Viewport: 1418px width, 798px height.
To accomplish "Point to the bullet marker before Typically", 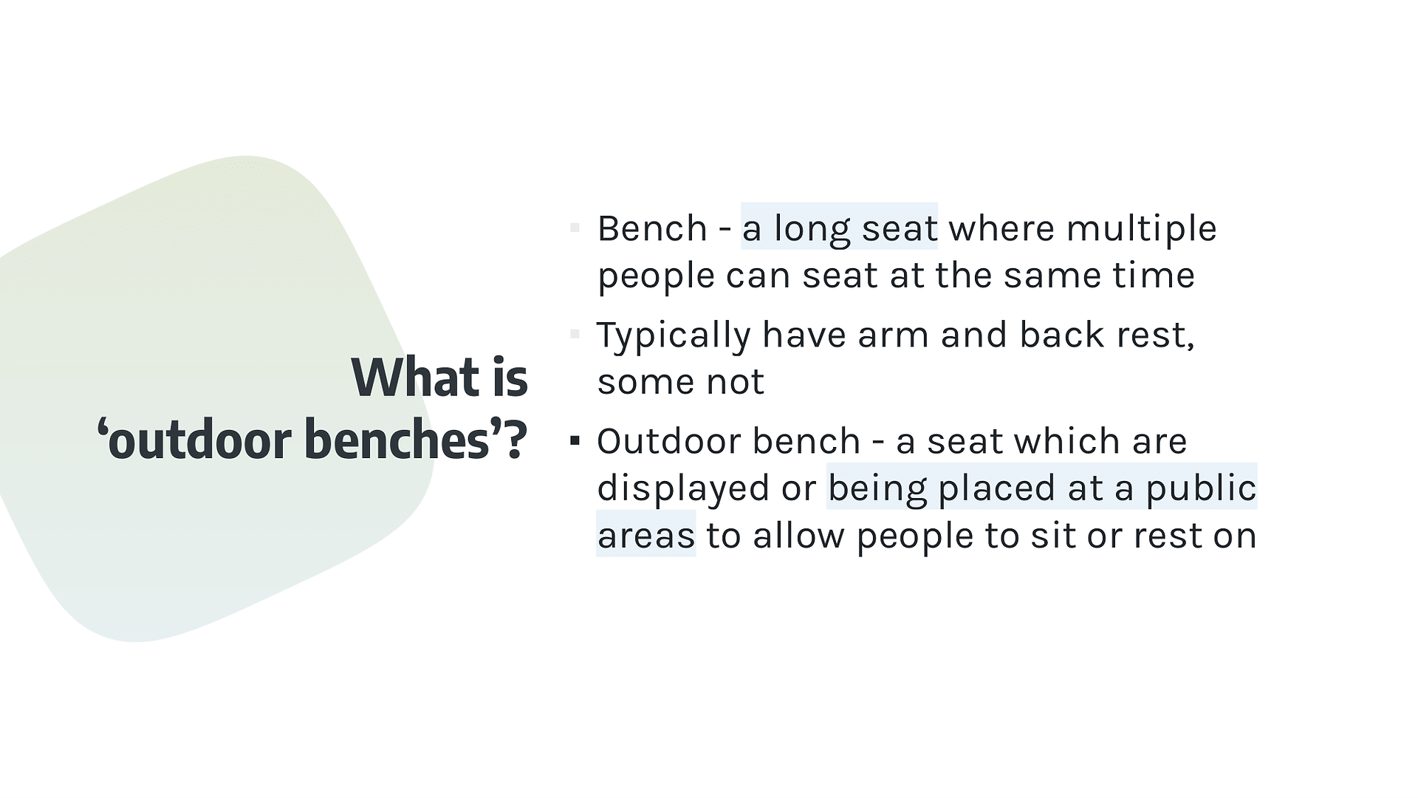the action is pyautogui.click(x=575, y=335).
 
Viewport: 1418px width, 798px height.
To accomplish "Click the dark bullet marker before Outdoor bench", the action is pyautogui.click(x=575, y=441).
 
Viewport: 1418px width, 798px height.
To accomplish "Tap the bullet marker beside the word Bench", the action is pyautogui.click(x=575, y=228).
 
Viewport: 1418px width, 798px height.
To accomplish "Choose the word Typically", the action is pyautogui.click(x=674, y=336).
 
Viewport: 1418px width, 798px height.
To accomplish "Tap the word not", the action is pyautogui.click(x=735, y=383).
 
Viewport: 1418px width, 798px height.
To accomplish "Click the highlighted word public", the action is pyautogui.click(x=1202, y=489).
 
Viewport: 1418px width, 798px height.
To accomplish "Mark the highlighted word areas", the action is pyautogui.click(x=646, y=536).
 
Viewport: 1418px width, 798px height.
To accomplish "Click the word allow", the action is pyautogui.click(x=798, y=535).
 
